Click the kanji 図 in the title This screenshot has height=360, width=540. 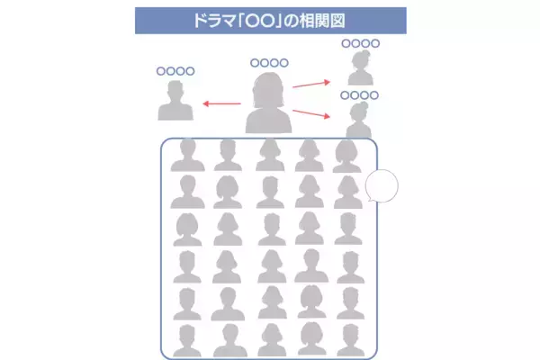click(337, 21)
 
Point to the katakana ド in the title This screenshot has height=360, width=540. click(200, 21)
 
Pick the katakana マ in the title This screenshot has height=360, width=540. click(229, 22)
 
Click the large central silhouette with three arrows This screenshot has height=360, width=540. click(268, 103)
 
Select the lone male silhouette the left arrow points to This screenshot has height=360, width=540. click(175, 100)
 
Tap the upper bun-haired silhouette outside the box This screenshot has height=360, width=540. click(361, 67)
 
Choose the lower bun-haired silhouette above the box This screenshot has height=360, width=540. click(359, 120)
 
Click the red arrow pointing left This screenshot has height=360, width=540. click(221, 103)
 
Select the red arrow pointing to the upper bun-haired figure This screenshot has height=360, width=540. click(311, 84)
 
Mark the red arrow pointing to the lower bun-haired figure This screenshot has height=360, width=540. click(311, 114)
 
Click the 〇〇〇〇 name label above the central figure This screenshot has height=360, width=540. click(269, 63)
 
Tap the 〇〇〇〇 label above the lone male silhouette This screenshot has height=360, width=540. click(175, 71)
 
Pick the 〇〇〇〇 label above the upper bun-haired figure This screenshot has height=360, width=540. click(361, 43)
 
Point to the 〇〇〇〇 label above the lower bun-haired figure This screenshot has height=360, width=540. click(359, 95)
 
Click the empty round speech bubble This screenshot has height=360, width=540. click(382, 186)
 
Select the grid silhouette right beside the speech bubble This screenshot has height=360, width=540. click(347, 193)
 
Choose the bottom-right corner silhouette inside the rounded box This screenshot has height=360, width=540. click(351, 340)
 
